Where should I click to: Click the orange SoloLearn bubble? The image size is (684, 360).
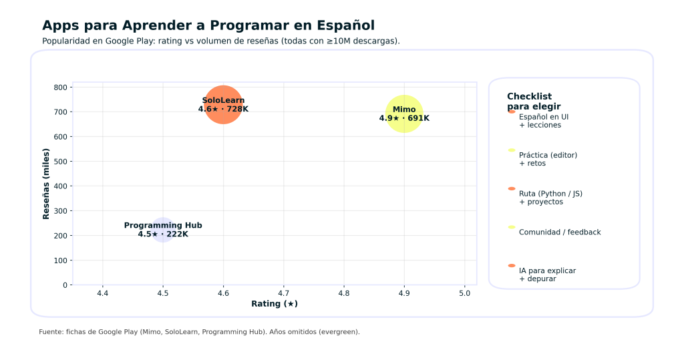coord(223,105)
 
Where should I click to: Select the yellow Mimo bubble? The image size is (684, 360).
coord(404,114)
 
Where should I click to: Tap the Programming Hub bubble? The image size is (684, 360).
coord(163,230)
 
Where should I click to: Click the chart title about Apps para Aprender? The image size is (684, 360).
coord(208,25)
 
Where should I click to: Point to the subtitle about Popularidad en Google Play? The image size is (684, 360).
coord(220,41)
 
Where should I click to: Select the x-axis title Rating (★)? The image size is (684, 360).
coord(274,304)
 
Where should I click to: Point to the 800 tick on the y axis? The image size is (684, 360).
coord(60,87)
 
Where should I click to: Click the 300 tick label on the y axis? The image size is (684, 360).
coord(60,211)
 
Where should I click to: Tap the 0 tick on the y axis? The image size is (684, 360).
coord(64,285)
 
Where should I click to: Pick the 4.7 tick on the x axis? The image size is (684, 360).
coord(283,293)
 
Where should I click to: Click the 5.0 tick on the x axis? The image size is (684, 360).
coord(464,293)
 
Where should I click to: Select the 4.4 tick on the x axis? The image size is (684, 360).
coord(102,293)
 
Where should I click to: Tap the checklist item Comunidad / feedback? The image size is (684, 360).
coord(559,232)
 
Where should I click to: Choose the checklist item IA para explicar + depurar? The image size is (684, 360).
coord(547,275)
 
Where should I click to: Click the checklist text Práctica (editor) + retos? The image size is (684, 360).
coord(548,159)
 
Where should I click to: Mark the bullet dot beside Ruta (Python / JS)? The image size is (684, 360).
coord(512,189)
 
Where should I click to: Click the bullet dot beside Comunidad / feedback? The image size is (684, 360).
coord(512,228)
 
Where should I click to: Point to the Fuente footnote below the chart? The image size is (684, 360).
coord(199,332)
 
